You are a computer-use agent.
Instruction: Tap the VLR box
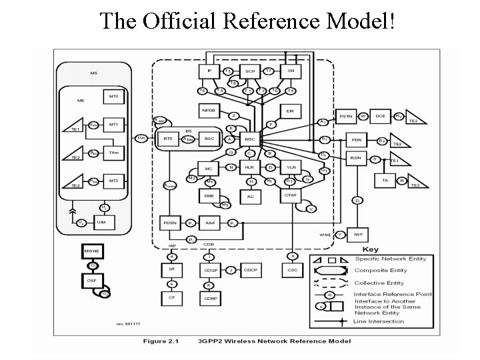click(291, 167)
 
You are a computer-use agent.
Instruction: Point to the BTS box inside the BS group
click(167, 139)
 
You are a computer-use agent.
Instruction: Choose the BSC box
click(209, 139)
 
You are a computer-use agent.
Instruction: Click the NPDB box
click(209, 109)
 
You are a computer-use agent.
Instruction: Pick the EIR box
click(291, 109)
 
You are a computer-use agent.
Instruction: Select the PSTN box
click(346, 117)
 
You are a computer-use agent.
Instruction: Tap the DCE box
click(381, 117)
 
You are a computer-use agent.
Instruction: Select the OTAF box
click(291, 195)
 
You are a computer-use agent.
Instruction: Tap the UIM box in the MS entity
click(102, 221)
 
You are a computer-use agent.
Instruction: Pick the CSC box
click(292, 270)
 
